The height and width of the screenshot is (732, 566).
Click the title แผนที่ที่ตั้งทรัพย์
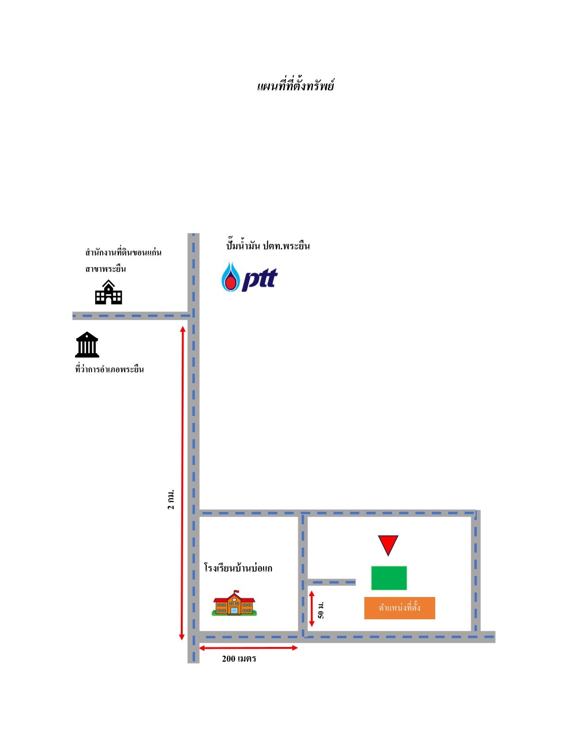click(x=295, y=85)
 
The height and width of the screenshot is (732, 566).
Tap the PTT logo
click(x=249, y=277)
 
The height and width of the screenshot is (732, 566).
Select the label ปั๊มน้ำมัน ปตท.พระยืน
click(x=268, y=245)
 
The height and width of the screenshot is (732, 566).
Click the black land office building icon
click(x=108, y=292)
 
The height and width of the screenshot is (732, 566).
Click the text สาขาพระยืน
click(x=105, y=268)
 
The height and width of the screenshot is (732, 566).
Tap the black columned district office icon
click(x=87, y=344)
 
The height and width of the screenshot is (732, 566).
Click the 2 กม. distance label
click(x=171, y=500)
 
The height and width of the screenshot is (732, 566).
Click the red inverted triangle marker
click(x=388, y=544)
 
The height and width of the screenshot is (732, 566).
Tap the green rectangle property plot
click(x=389, y=578)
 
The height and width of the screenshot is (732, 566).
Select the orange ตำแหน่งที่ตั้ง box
click(x=400, y=608)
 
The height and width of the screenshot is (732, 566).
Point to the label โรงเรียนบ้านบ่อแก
click(x=238, y=568)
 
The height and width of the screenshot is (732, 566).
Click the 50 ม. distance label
click(x=321, y=610)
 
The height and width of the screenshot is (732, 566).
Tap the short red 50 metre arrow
click(x=312, y=609)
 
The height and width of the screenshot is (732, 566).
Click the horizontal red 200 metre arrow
click(x=248, y=648)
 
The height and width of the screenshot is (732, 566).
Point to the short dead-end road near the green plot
click(x=331, y=582)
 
